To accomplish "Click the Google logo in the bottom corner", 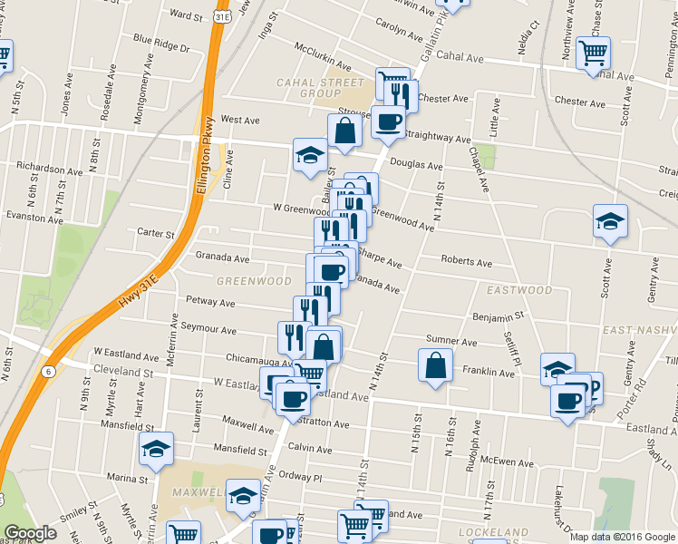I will coord(30,533).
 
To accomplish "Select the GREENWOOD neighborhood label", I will coord(254,281).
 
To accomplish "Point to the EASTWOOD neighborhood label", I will coord(518,291).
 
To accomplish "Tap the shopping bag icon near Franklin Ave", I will coord(436,366).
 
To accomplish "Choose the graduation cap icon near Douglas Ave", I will coord(310,155).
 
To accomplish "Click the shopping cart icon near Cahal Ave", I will coord(593,53).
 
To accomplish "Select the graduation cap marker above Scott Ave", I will coord(610,221).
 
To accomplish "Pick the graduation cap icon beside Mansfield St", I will coord(156,449).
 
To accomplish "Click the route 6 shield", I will coord(47,371).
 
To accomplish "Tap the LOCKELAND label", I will coord(493,531).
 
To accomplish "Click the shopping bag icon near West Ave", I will coord(345,132).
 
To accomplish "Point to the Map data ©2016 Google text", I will coord(622,537).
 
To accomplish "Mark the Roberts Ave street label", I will coord(466,261).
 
